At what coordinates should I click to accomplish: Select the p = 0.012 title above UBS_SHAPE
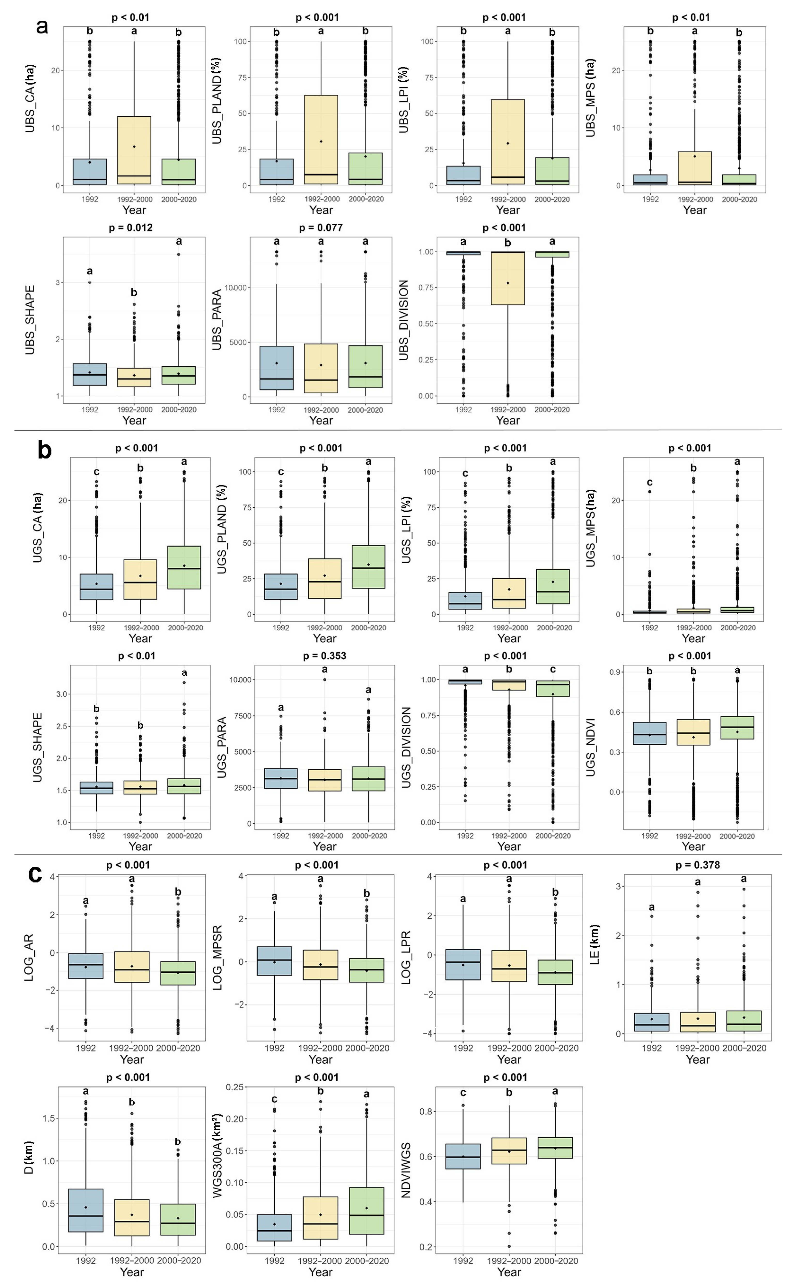tap(130, 228)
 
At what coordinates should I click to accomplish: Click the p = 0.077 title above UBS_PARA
tap(321, 228)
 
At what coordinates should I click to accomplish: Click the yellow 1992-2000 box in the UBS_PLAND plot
tap(321, 140)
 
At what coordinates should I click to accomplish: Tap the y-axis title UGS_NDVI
tap(591, 747)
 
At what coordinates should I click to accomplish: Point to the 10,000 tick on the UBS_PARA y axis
tap(235, 288)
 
